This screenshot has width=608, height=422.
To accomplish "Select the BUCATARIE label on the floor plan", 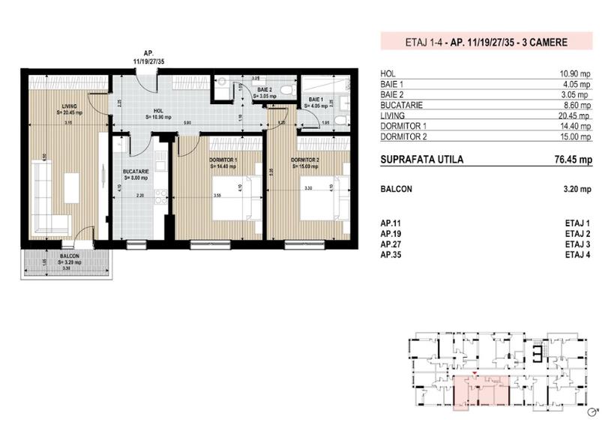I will point(136,172).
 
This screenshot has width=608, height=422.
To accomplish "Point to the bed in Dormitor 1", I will point(235,199).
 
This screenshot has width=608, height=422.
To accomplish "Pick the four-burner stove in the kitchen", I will point(159,196).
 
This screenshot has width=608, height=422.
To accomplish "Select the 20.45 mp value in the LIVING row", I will point(577,116).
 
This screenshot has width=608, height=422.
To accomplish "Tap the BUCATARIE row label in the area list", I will point(403,106).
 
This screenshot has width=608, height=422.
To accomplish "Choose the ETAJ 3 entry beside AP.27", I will point(578,244).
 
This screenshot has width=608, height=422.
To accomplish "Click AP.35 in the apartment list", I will point(391,255).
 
